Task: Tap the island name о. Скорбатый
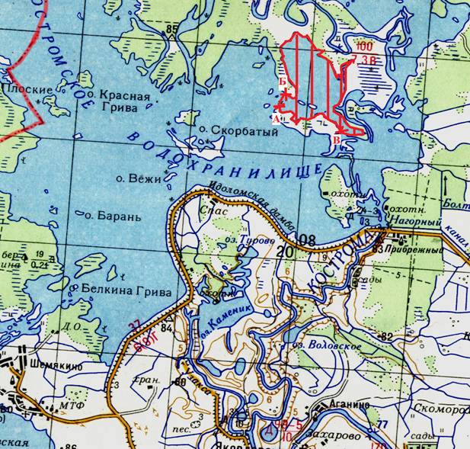pos(229,130)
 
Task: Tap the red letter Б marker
pos(283,81)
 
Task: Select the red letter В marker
pos(337,141)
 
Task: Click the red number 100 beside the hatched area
pos(365,47)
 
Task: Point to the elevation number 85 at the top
pos(171,29)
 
